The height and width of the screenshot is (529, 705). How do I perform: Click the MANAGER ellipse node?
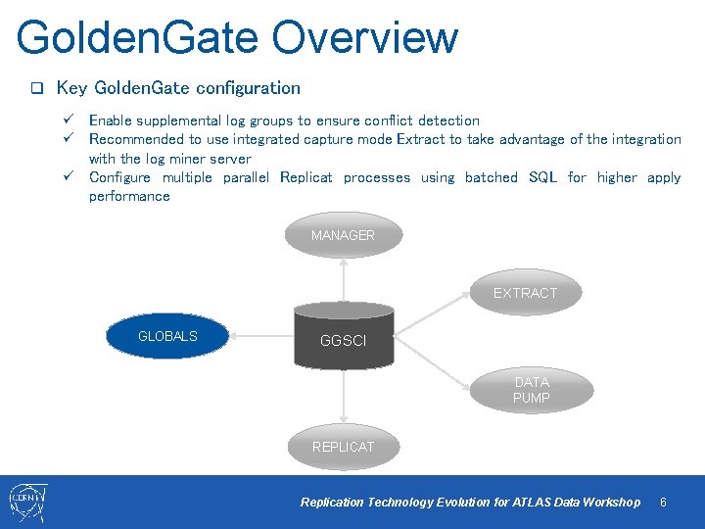click(x=343, y=235)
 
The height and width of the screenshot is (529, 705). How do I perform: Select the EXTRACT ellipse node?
click(x=525, y=293)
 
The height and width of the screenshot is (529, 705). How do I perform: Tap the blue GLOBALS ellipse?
click(x=167, y=336)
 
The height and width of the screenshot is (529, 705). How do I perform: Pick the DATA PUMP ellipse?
click(x=532, y=390)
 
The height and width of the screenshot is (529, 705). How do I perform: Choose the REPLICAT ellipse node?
click(x=343, y=447)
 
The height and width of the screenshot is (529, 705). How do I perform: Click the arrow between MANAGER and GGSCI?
click(x=344, y=280)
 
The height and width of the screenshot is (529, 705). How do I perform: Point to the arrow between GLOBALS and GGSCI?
click(x=261, y=336)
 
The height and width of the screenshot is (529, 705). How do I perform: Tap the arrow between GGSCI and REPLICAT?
click(x=344, y=397)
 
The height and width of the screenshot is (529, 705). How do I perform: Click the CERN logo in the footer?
click(x=27, y=503)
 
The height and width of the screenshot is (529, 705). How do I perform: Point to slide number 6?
click(x=663, y=503)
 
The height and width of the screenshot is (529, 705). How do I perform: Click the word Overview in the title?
click(x=364, y=37)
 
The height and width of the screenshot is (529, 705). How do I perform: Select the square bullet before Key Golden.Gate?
click(x=36, y=88)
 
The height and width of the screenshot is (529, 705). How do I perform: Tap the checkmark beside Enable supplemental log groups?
click(x=70, y=120)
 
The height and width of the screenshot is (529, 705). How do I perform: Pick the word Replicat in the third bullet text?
click(x=305, y=177)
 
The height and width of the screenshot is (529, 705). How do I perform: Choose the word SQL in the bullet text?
click(x=542, y=177)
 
